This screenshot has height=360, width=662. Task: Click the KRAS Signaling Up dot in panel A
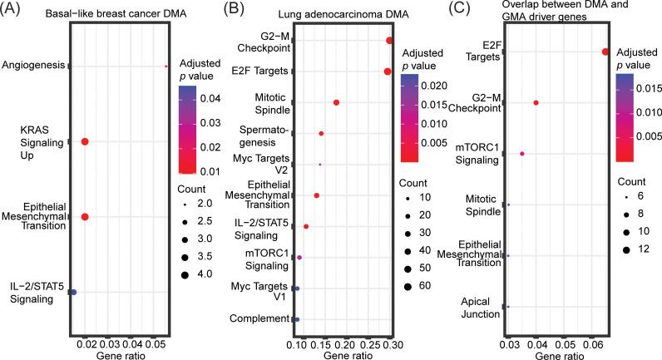point(85,142)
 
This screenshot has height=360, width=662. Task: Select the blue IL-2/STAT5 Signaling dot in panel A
point(73,292)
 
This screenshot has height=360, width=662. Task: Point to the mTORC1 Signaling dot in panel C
point(522,154)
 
